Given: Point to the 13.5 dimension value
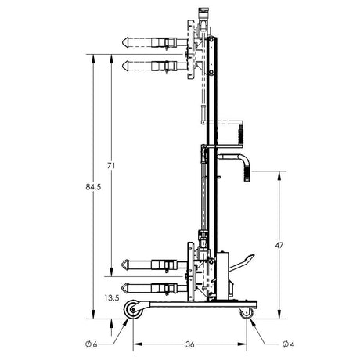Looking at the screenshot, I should pyautogui.click(x=110, y=298).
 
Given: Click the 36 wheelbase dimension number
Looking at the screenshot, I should pyautogui.click(x=191, y=341).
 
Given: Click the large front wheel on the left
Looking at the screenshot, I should pyautogui.click(x=135, y=311).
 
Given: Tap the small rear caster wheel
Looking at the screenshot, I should pyautogui.click(x=247, y=313).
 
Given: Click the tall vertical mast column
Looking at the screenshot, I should pyautogui.click(x=214, y=157).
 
